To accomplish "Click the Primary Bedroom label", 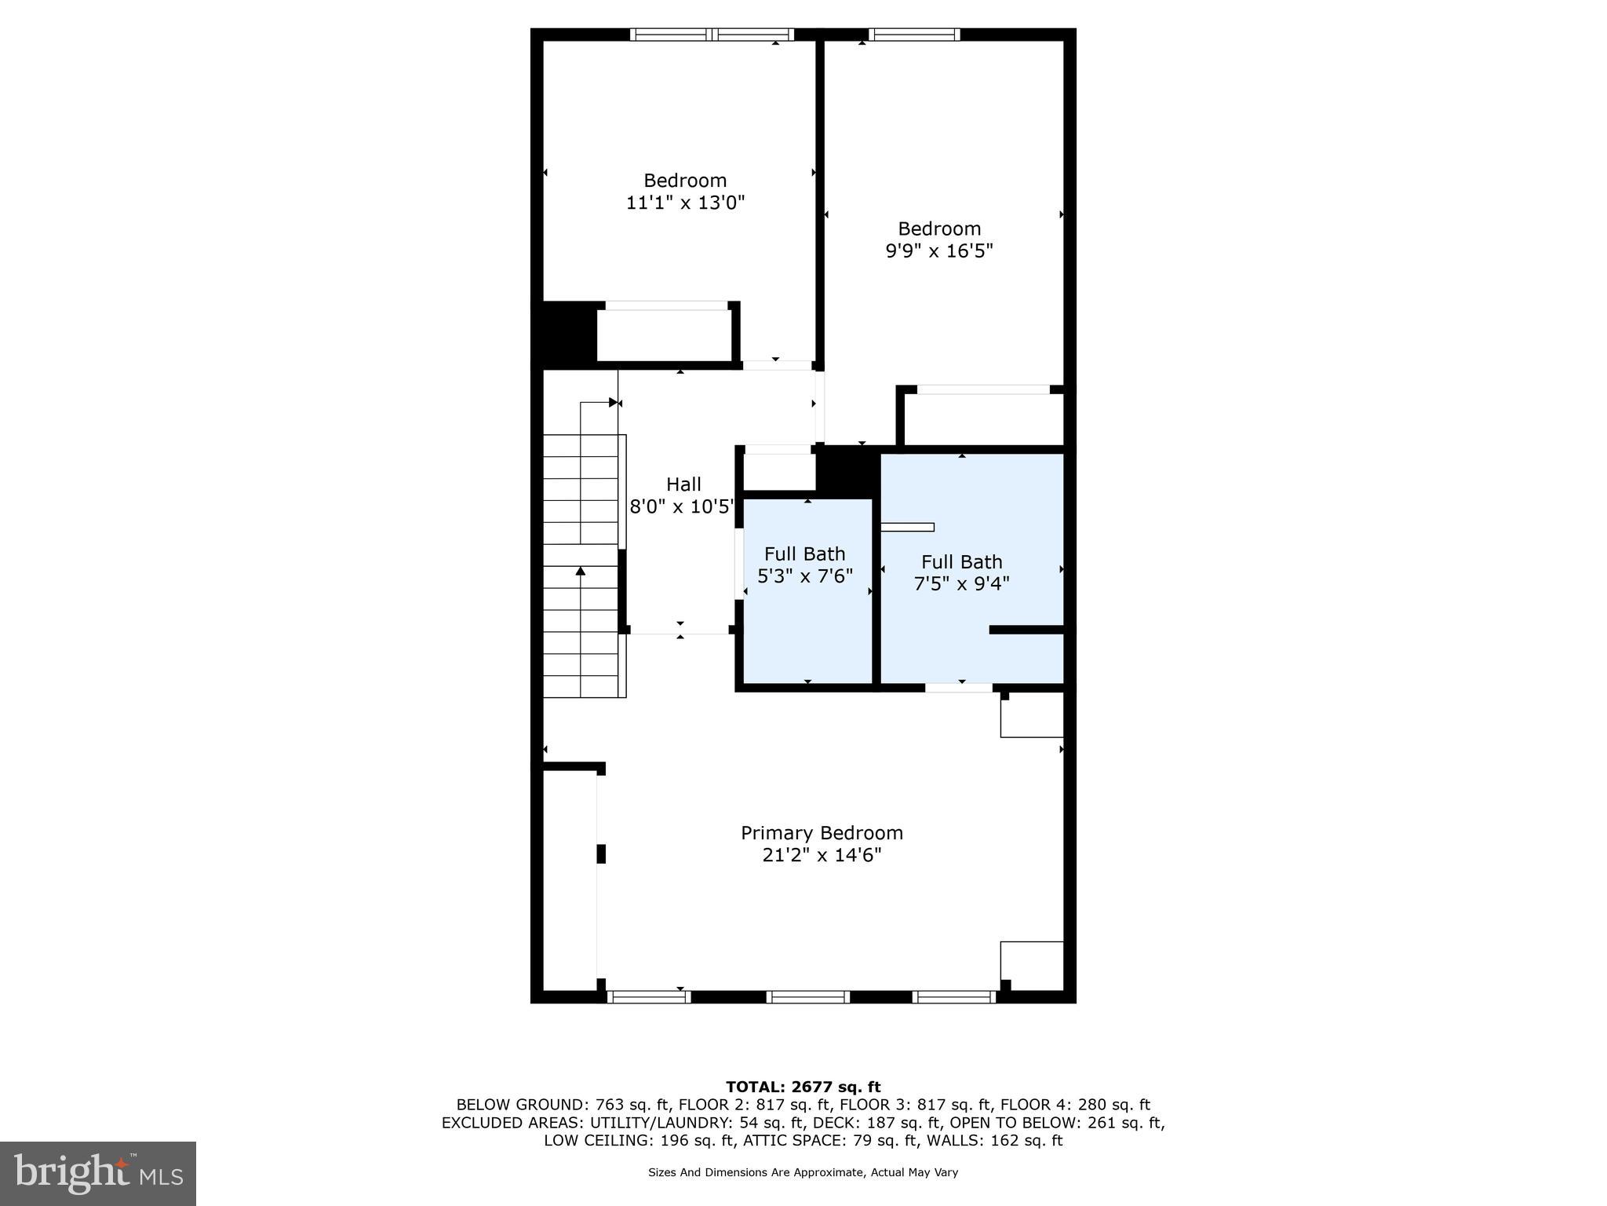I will click(x=822, y=832).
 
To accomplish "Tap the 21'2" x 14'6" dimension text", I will click(x=822, y=855).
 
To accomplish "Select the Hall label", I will click(x=683, y=484).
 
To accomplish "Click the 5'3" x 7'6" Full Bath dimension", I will click(x=804, y=576).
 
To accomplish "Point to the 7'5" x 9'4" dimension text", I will click(x=961, y=584).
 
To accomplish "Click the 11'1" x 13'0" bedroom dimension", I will click(x=685, y=203).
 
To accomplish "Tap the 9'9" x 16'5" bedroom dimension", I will click(x=939, y=251).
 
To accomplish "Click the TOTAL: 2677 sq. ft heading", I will click(x=803, y=1087).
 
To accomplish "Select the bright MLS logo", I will click(x=98, y=1173).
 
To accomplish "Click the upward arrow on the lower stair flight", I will click(x=581, y=572).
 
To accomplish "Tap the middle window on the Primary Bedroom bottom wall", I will click(x=808, y=997).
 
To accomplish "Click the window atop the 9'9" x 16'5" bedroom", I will click(x=914, y=35).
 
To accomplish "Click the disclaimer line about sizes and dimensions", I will click(x=803, y=1172).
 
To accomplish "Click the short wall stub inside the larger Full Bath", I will click(x=1026, y=630).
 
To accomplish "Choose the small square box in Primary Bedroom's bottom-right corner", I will click(x=1031, y=966).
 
